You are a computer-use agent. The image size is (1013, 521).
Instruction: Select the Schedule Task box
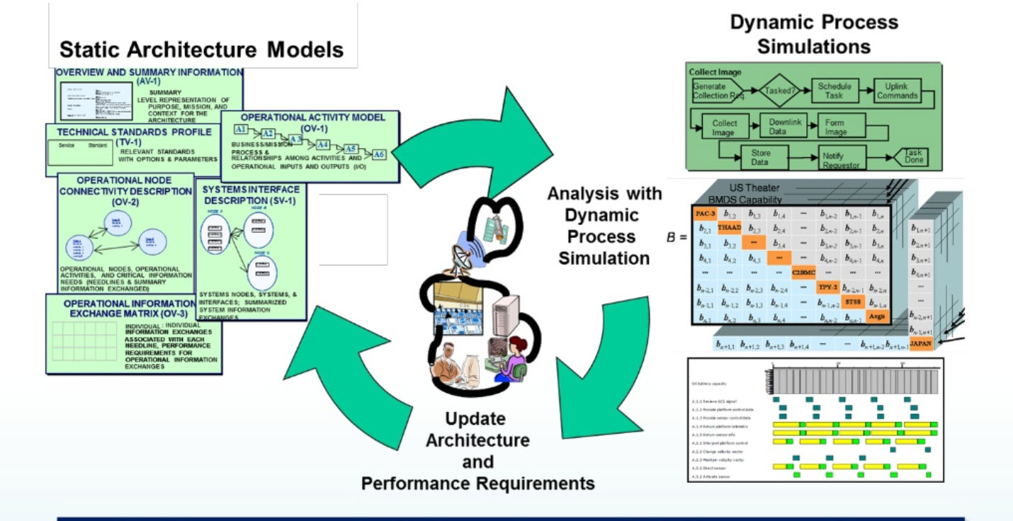(834, 91)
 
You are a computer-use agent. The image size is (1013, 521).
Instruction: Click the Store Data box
(759, 157)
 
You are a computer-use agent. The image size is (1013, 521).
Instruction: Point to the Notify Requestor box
(841, 160)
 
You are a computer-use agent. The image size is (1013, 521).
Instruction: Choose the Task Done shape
(912, 157)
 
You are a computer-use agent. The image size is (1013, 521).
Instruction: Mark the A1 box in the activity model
(241, 130)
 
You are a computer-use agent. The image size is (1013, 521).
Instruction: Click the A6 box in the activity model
(380, 154)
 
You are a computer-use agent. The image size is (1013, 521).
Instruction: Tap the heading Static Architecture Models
(201, 50)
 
